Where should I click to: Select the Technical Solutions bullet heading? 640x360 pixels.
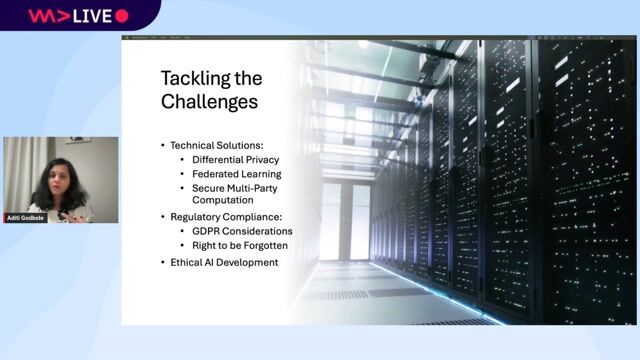218,144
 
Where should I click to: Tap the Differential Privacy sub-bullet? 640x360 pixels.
235,159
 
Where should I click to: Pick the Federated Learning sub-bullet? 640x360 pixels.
236,173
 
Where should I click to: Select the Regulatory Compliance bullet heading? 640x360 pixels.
227,216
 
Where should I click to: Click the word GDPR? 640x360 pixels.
208,230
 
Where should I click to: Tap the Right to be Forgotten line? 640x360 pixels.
240,245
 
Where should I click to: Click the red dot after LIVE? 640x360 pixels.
122,15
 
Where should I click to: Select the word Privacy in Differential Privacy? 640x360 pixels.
260,159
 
